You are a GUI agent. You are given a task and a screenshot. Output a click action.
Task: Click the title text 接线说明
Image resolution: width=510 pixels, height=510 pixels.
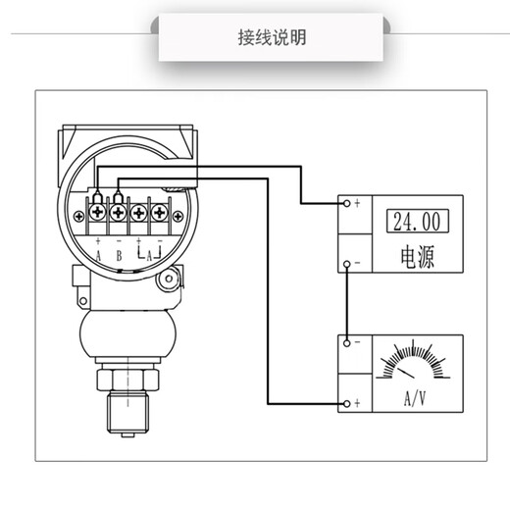(x=272, y=38)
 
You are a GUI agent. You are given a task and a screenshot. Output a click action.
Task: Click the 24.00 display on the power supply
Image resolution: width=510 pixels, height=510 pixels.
(x=413, y=220)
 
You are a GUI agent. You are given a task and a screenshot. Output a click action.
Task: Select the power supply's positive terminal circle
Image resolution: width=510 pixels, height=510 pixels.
(x=346, y=204)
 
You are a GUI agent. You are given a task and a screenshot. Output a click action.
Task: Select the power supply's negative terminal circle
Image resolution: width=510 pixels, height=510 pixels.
(x=346, y=266)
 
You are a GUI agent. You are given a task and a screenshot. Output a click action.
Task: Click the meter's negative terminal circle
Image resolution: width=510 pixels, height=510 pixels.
(x=346, y=343)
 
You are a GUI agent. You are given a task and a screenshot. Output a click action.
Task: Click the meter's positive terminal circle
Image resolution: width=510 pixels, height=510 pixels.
(x=346, y=404)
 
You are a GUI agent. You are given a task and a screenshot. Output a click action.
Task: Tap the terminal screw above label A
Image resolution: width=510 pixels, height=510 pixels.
(x=98, y=211)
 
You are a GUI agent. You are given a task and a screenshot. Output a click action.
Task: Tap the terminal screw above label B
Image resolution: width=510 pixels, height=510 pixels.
(x=119, y=211)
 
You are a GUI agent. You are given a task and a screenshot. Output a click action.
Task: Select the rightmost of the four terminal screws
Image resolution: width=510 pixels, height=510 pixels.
(x=160, y=211)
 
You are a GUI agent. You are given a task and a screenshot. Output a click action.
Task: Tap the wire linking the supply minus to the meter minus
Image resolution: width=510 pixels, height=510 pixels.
(x=346, y=304)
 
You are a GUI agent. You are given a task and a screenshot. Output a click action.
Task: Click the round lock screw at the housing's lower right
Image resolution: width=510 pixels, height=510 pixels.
(x=170, y=281)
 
